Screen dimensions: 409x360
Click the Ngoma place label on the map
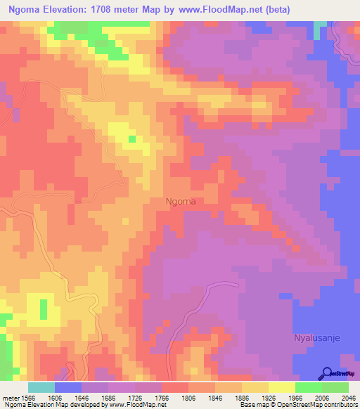coord(180,201)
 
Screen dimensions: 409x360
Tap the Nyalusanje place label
coord(316,338)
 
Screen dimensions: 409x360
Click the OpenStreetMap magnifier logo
coord(327,373)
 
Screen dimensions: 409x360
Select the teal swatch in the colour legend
coord(41,387)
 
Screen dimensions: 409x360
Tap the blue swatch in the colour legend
coord(68,387)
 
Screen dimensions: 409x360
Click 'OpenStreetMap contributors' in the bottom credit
coord(320,405)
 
